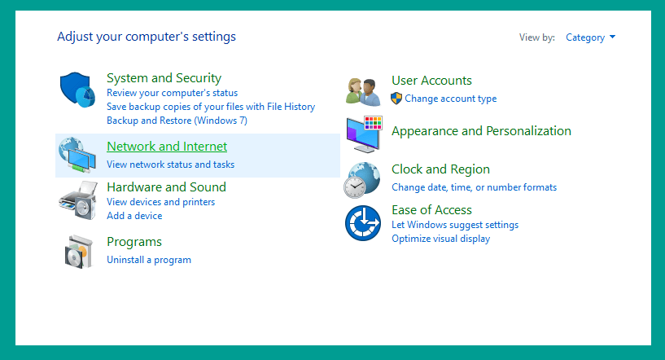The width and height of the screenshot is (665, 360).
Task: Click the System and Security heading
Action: coord(164,78)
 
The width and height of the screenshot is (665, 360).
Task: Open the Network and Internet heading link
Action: coord(167,147)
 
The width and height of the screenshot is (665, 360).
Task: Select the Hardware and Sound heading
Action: coord(166,187)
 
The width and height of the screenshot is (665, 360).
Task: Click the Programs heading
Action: coord(134,242)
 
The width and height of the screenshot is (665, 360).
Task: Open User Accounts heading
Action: coord(431,81)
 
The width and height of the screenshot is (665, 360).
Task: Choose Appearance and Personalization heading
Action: coord(481,131)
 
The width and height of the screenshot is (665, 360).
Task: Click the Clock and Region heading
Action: coord(440,169)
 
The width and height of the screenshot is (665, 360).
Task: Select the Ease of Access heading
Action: coord(431,210)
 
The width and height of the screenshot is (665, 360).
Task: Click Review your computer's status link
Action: coord(172,93)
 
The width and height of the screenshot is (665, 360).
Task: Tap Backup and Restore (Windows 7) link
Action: coord(177,121)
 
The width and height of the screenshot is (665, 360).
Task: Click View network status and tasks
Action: coord(170,165)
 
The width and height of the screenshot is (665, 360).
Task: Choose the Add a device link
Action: coord(134,216)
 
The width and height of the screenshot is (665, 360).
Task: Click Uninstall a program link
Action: coord(148,260)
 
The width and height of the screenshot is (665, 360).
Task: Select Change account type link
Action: coord(450,99)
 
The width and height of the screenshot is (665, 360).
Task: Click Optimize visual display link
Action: coord(440,239)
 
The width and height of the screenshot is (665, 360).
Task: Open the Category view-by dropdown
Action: coord(590,37)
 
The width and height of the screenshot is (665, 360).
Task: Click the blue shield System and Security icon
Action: coord(77,89)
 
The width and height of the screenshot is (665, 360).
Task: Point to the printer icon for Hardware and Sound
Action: coord(78,200)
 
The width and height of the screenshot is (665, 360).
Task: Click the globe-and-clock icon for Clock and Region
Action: coord(361,180)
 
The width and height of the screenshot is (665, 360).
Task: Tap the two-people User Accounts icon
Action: coord(363,92)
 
